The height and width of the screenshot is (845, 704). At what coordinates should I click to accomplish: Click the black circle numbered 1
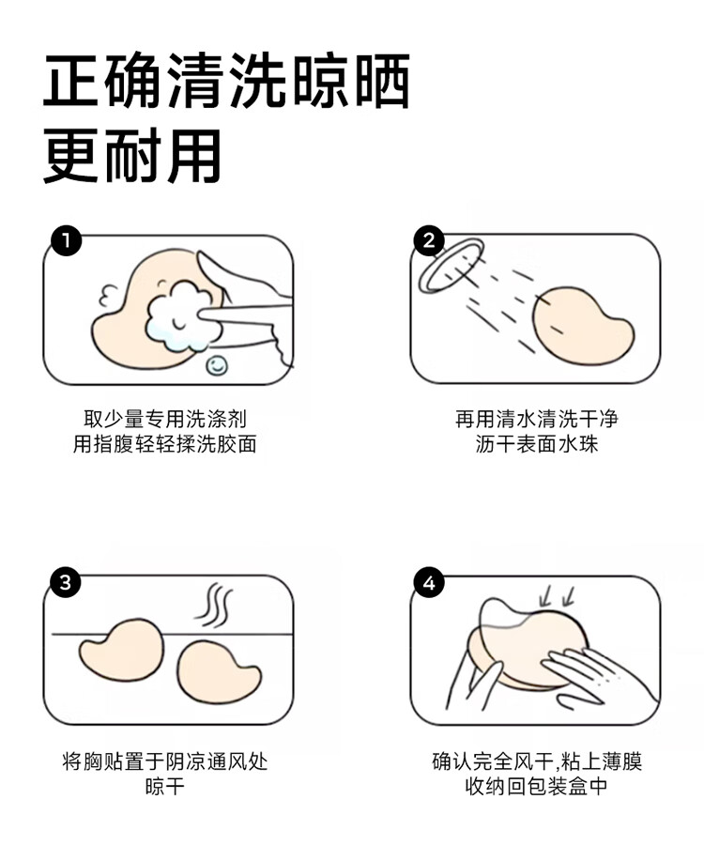pos(67,241)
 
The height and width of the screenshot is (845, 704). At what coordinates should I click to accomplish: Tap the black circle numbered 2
pos(429,240)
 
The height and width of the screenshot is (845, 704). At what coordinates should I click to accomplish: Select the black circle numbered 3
pos(66,582)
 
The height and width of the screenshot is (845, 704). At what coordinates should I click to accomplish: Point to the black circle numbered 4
pos(429,583)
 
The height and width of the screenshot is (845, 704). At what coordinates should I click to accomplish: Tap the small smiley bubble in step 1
pos(217,365)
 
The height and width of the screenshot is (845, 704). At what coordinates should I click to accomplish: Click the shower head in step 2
pos(451,266)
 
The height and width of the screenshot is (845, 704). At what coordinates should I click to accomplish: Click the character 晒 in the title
pos(382,81)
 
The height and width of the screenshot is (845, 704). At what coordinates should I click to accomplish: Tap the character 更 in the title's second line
pos(71,156)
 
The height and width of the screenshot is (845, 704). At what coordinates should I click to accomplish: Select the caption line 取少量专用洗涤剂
pos(165,419)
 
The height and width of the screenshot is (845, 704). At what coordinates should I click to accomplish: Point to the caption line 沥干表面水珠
pos(537,444)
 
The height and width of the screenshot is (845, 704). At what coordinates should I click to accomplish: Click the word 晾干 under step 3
pos(165,786)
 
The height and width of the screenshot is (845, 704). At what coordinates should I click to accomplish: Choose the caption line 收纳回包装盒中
pos(537,786)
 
